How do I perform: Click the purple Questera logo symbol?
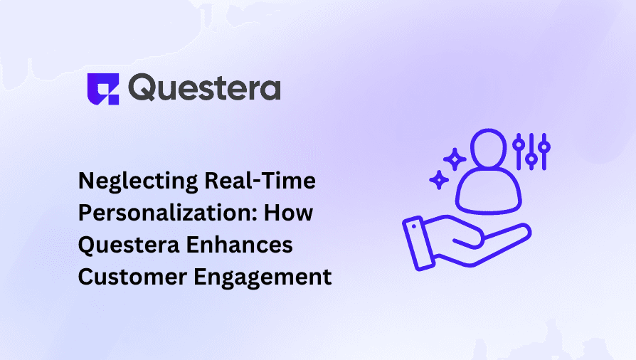[x=101, y=88]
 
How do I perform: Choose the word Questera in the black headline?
[x=125, y=245]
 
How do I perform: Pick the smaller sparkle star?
[x=439, y=180]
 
